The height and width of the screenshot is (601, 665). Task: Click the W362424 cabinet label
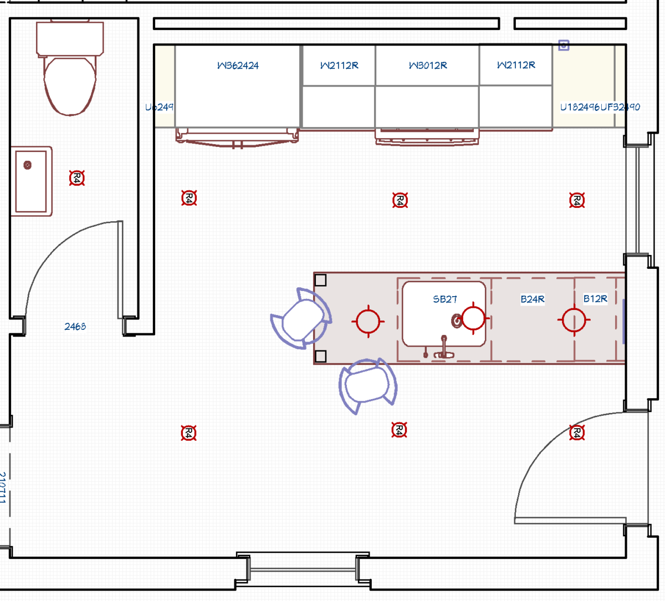pos(238,65)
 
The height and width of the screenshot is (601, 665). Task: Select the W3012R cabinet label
pos(427,65)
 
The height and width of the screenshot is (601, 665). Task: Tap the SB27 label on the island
pos(444,299)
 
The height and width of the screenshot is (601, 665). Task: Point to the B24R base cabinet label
pos(532,299)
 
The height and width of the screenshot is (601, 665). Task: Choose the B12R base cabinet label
pos(595,299)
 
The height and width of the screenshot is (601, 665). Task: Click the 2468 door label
pos(75,327)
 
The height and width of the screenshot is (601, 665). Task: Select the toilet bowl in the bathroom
pos(70,86)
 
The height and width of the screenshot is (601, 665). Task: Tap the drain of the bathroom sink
pos(27,165)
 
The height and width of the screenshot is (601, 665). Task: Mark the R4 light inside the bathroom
pos(77,178)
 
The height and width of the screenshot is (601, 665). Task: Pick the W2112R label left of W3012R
pos(339,65)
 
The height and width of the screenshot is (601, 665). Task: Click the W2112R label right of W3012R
pos(516,65)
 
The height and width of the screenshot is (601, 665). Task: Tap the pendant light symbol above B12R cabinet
pos(574,320)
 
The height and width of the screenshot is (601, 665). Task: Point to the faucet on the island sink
pos(443,347)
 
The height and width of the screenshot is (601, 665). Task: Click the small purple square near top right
pos(564,45)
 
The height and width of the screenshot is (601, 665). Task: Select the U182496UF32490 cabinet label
pos(600,107)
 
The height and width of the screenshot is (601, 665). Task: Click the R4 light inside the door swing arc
pos(577,432)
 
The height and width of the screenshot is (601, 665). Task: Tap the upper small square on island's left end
pos(320,280)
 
